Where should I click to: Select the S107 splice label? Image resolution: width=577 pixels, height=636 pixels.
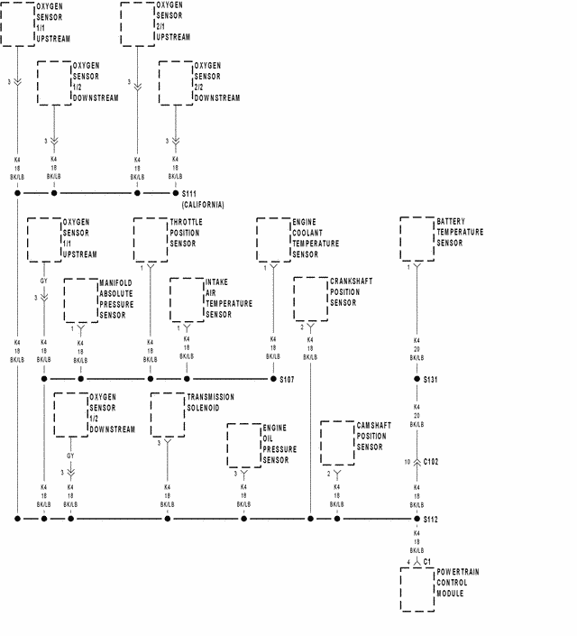[288, 379]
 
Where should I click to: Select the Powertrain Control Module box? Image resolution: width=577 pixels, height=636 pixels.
[417, 588]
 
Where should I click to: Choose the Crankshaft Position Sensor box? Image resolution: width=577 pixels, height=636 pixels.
[310, 299]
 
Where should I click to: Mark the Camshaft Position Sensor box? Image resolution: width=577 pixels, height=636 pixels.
[337, 444]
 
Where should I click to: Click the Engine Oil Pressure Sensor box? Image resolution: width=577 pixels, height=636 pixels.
[243, 445]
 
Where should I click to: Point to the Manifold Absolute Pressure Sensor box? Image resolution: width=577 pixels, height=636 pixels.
[80, 300]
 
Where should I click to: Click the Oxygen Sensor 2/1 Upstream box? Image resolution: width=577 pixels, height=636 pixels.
[137, 23]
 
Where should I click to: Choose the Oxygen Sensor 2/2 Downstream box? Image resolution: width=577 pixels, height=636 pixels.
[176, 82]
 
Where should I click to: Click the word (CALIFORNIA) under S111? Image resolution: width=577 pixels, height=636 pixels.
[203, 205]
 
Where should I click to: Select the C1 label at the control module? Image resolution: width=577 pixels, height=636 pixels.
[427, 561]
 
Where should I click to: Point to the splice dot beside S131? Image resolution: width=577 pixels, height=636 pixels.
[417, 379]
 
